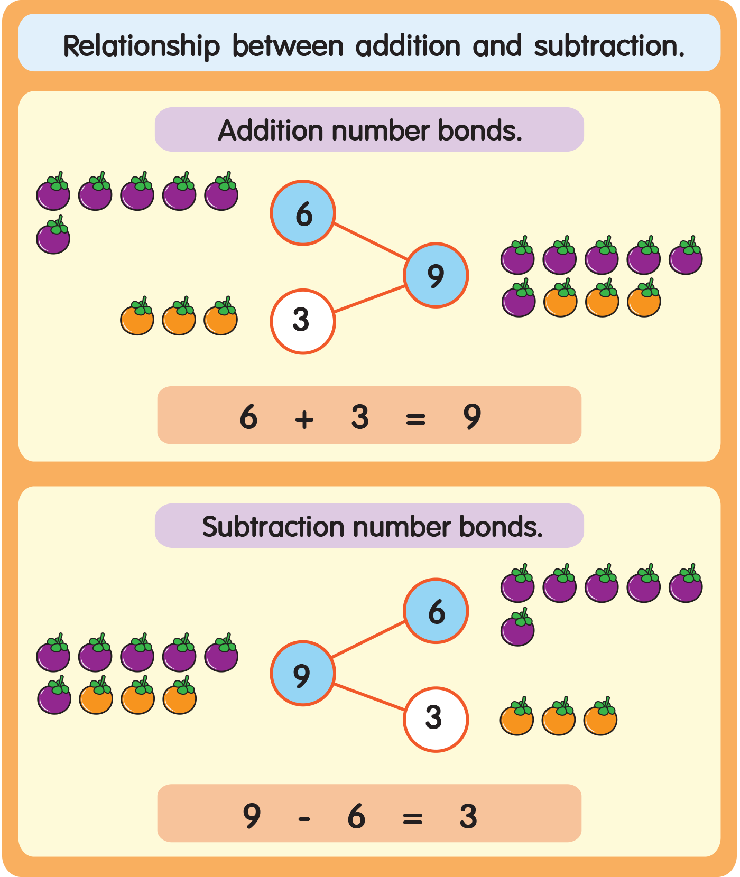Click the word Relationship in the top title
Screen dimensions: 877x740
tap(141, 46)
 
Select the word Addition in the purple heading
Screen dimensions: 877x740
tap(270, 130)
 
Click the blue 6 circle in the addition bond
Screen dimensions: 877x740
tap(303, 213)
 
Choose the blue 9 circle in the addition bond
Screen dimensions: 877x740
tap(436, 275)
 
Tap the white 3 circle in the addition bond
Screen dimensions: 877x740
tap(302, 321)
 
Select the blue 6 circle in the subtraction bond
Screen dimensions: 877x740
tap(436, 611)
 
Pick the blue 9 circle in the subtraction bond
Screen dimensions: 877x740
tap(302, 674)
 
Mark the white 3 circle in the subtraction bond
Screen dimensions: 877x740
tap(436, 719)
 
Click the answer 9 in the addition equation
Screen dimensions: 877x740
tap(472, 417)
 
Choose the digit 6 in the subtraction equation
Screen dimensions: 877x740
tap(357, 816)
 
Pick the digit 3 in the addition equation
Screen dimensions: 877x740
tap(360, 417)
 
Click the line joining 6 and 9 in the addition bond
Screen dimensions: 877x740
tap(371, 241)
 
